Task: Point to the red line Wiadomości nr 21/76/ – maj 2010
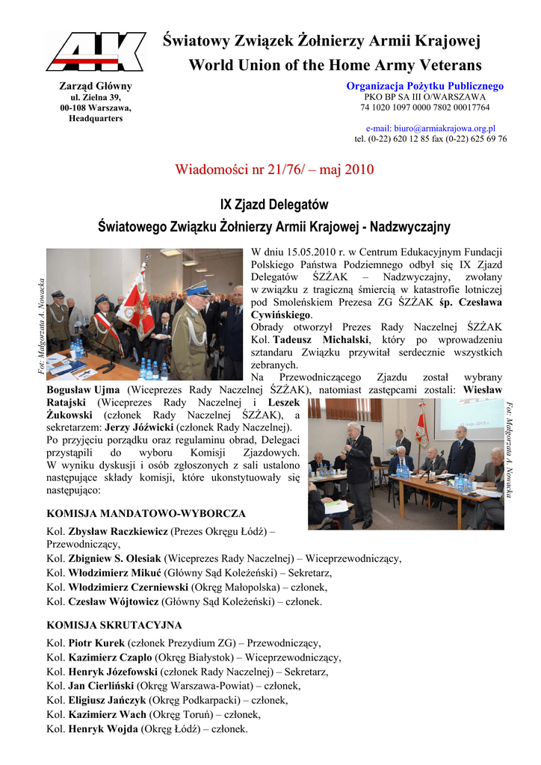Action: coord(274,170)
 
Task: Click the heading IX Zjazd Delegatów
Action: coord(274,204)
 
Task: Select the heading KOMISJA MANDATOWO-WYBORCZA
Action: coord(146,514)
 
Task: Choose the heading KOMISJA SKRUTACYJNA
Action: coord(114,625)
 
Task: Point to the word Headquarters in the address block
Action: coord(96,119)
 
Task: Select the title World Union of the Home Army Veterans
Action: coord(335,66)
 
